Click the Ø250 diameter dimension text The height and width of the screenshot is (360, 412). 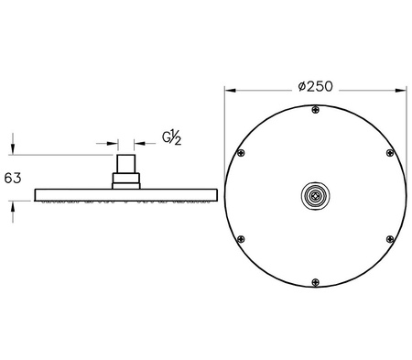pyautogui.click(x=315, y=87)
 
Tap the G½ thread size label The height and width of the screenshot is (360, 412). pyautogui.click(x=172, y=137)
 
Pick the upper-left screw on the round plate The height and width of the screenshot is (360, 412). pyautogui.click(x=241, y=153)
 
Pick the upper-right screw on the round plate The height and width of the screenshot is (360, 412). pyautogui.click(x=389, y=153)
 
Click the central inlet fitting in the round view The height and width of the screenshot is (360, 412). pyautogui.click(x=315, y=195)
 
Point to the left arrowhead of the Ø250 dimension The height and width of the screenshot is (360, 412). pyautogui.click(x=229, y=90)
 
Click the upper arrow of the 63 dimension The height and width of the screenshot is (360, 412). pyautogui.click(x=13, y=149)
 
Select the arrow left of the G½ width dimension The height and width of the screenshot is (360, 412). pyautogui.click(x=114, y=143)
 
